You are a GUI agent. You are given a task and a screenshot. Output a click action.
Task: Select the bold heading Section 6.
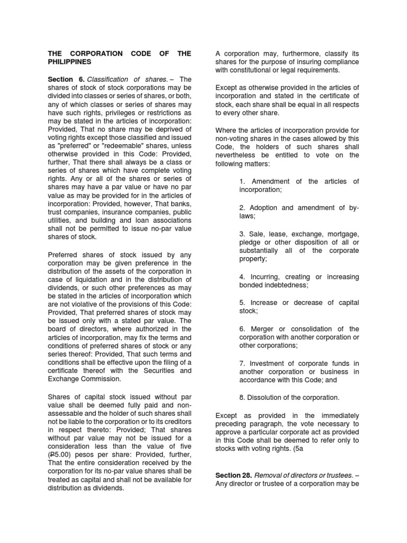[66, 79]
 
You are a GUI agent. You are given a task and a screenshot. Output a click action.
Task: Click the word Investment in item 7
[270, 363]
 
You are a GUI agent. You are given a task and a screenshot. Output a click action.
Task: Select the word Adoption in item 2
[266, 208]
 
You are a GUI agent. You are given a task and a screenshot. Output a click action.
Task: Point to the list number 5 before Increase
[241, 303]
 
